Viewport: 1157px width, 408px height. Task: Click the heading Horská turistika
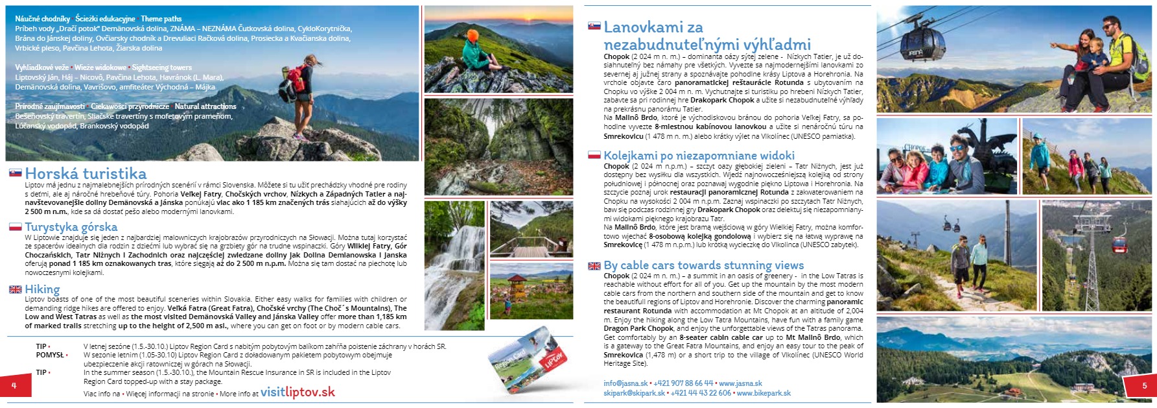tap(86, 173)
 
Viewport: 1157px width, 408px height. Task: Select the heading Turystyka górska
tap(71, 226)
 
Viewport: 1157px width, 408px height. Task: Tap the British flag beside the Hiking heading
tap(16, 289)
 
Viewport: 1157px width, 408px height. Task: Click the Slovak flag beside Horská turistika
tap(16, 173)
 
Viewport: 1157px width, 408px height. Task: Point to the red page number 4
tap(14, 385)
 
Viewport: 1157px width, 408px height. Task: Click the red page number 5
tap(1144, 385)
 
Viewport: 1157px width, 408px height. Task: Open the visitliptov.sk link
tap(298, 392)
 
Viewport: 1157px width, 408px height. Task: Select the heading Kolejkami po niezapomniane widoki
tap(699, 156)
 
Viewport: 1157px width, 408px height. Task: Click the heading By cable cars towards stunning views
tap(703, 265)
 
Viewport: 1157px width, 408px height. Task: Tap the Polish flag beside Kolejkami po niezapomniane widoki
tap(594, 156)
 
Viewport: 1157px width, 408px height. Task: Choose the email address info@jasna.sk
tap(625, 383)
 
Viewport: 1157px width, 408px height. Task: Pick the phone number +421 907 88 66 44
tap(683, 383)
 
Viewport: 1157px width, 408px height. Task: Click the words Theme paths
tap(161, 19)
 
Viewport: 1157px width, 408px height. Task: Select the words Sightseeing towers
tap(162, 67)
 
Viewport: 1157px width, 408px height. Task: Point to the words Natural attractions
tap(205, 106)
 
